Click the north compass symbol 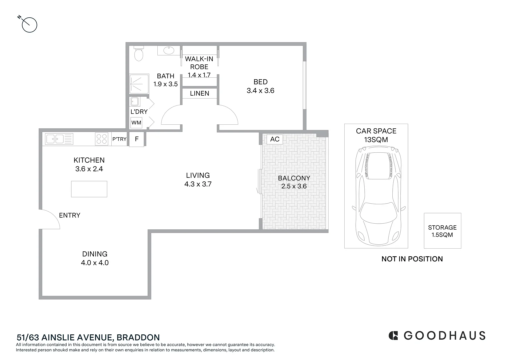click(29, 25)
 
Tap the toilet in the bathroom click(138, 54)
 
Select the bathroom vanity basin click(169, 51)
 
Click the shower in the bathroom click(139, 84)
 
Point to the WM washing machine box click(136, 123)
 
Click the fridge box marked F click(137, 139)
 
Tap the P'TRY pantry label click(119, 139)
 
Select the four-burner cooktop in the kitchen click(102, 139)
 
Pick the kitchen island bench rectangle click(89, 189)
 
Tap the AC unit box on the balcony click(275, 139)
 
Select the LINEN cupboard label click(200, 93)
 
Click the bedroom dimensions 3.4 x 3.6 click(260, 91)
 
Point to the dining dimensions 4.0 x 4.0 click(95, 263)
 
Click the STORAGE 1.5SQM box click(442, 231)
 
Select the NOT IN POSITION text click(412, 259)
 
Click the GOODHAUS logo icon click(393, 335)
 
